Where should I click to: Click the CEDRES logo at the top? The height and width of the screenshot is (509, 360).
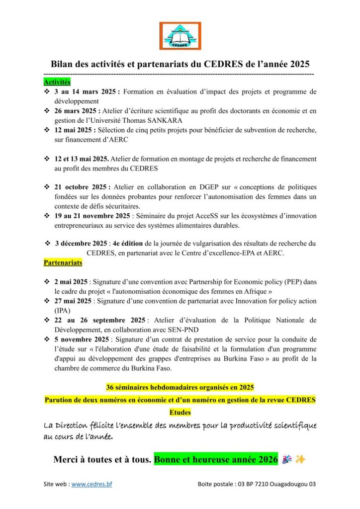(x=180, y=36)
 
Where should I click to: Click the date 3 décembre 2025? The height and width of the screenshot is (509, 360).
(x=81, y=244)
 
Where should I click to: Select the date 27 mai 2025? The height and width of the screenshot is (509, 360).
(x=73, y=301)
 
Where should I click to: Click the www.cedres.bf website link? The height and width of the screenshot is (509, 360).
(x=91, y=484)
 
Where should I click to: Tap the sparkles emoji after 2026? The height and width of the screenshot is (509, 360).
(x=300, y=460)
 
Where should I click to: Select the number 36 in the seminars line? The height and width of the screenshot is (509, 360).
(x=111, y=387)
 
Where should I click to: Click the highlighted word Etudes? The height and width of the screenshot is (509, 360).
(x=180, y=413)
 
